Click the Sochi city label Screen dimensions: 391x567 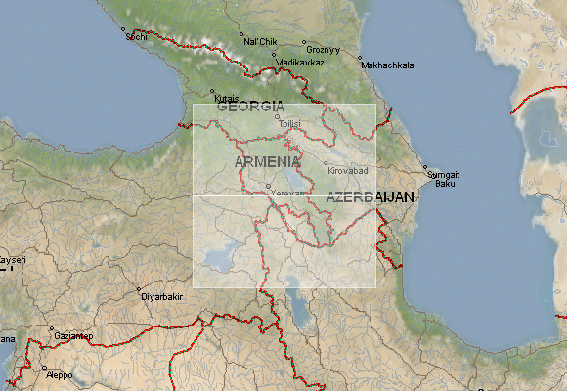click(x=136, y=36)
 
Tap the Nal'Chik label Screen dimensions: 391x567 click(x=260, y=41)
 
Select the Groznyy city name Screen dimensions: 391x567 click(x=323, y=49)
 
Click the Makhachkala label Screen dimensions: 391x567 click(x=388, y=65)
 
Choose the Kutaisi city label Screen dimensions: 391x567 click(x=227, y=98)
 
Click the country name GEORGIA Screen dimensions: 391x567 click(x=250, y=107)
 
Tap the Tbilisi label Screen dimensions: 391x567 click(x=290, y=124)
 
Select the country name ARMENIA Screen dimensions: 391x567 click(x=267, y=160)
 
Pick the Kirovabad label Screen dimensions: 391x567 click(x=348, y=170)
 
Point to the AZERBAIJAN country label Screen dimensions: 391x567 click(x=371, y=197)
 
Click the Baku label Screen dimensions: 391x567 click(x=445, y=183)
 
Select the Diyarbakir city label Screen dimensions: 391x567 click(x=162, y=295)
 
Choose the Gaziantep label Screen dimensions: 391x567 click(x=74, y=335)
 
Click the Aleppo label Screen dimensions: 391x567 click(x=59, y=374)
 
